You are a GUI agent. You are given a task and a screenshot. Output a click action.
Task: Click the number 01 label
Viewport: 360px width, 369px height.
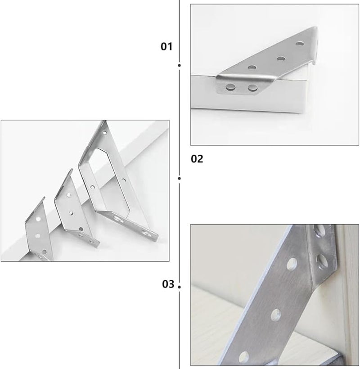[166, 46]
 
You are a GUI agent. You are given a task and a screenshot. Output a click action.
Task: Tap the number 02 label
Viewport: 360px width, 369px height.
[197, 159]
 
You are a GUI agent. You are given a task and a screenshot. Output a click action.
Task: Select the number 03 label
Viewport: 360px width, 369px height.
[167, 284]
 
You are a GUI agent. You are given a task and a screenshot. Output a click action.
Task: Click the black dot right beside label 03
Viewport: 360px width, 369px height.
[179, 286]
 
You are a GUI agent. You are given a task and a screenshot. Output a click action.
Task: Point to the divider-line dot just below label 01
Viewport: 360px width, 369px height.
[180, 66]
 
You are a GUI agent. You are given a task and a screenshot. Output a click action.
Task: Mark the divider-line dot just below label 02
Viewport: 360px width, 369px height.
[180, 178]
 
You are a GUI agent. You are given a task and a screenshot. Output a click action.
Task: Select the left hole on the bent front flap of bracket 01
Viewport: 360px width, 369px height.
[231, 87]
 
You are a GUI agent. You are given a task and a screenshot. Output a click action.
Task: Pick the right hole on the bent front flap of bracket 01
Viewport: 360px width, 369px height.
[252, 87]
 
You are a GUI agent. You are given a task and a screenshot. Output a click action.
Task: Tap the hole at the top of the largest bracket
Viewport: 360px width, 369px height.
[104, 134]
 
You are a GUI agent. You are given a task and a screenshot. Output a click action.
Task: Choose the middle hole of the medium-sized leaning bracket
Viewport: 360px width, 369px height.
[71, 211]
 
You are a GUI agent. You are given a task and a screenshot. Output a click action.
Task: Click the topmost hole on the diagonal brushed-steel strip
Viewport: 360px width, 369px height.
[292, 263]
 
